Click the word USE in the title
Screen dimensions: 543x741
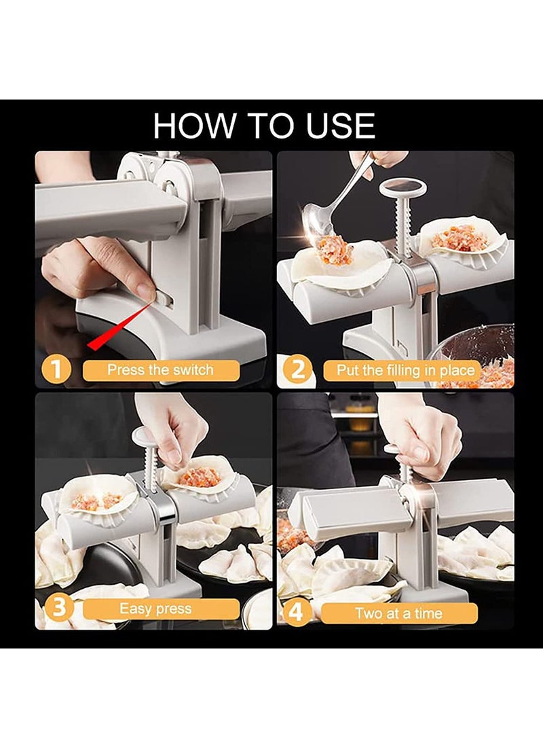[x=341, y=126]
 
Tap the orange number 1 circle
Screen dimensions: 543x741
[x=56, y=369]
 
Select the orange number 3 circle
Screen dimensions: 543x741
[x=58, y=608]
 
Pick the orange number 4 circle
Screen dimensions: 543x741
[x=295, y=613]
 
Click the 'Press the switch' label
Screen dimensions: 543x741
[x=161, y=369]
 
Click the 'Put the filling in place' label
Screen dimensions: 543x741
[x=405, y=371]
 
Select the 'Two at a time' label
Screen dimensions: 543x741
[x=399, y=613]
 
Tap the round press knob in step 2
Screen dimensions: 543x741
[x=403, y=187]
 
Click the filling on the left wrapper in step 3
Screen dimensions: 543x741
[x=95, y=501]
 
